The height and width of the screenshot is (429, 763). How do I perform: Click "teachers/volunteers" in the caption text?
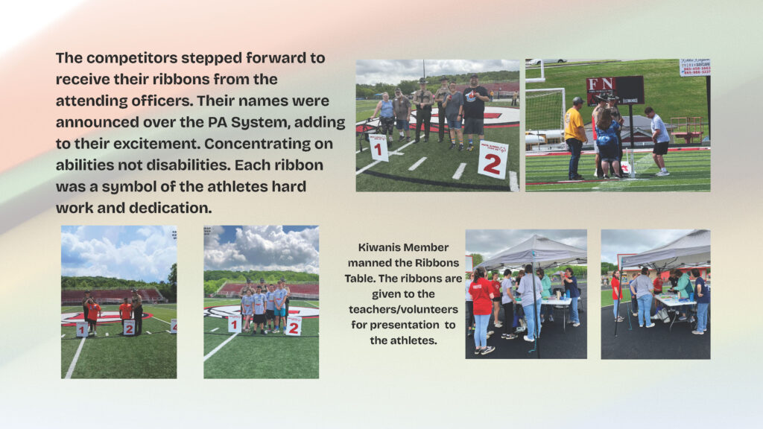coord(403,309)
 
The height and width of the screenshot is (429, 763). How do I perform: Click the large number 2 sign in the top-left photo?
coord(493,159)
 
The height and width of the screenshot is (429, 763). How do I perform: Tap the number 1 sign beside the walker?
coord(379,148)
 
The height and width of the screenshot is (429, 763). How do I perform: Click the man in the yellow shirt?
coord(574,138)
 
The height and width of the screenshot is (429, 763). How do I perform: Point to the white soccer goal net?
coord(545,114)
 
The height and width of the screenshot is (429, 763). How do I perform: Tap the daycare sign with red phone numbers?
coord(695,67)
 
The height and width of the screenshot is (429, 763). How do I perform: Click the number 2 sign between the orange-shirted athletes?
coord(129,328)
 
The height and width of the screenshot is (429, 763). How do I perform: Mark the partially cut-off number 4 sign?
coord(174,326)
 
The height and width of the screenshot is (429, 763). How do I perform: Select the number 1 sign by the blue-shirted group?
coord(235,324)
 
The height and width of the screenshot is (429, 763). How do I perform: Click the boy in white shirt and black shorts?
coord(659,141)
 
